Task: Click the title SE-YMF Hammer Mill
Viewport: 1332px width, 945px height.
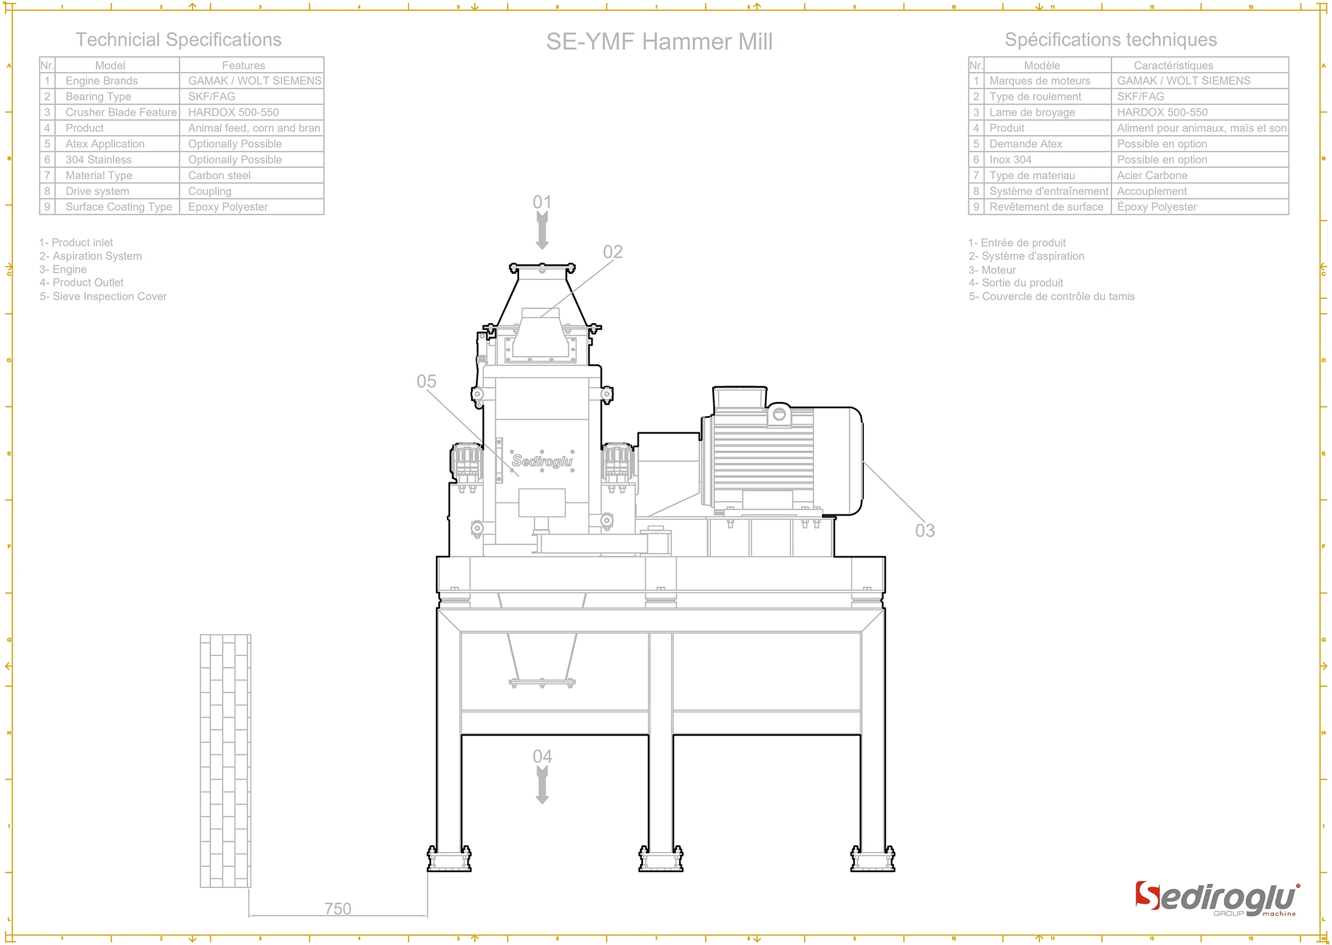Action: (x=659, y=41)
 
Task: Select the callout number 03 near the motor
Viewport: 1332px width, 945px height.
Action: (x=925, y=530)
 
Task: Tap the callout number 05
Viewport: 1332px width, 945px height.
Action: (x=426, y=381)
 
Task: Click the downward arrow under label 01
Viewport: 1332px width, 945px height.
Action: (x=542, y=231)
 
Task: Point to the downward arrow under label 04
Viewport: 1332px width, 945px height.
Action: (x=542, y=785)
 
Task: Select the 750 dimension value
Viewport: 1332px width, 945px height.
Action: (x=338, y=909)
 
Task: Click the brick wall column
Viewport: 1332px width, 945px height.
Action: (x=225, y=760)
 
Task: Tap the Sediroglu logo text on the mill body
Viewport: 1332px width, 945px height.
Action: (x=542, y=461)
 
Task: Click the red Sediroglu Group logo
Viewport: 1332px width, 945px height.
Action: (x=1216, y=899)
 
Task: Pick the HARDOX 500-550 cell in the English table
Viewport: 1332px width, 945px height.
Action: (x=233, y=112)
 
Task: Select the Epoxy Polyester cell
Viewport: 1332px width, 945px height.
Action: (x=228, y=207)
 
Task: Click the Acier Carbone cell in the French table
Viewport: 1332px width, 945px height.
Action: (x=1152, y=176)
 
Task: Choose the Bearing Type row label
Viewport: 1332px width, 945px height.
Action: (x=98, y=97)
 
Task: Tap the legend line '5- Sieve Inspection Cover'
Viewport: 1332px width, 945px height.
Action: (x=103, y=296)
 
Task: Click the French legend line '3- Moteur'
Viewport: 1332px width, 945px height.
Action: (x=992, y=270)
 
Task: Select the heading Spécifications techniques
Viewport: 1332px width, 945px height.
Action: (x=1110, y=40)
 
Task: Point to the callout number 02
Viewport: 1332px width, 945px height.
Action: (x=613, y=252)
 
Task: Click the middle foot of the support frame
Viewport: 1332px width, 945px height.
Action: (x=661, y=859)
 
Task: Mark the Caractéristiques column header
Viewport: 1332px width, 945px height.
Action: (x=1173, y=66)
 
